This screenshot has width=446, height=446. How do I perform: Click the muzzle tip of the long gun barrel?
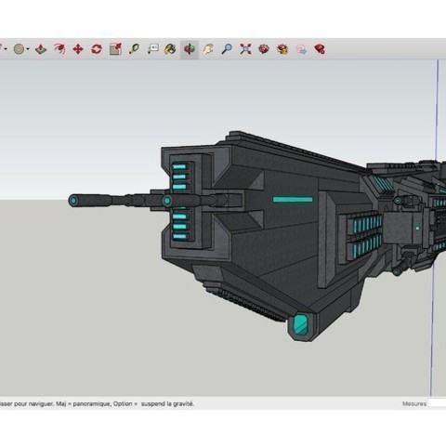coord(73,200)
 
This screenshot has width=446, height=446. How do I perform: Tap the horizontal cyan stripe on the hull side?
coord(292,199)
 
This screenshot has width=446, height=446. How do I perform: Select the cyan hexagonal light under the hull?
coord(301,325)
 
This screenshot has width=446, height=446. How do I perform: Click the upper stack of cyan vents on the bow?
coord(180,174)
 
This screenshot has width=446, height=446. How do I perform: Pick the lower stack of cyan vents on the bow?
coord(180,224)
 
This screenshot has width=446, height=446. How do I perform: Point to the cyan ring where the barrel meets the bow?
coord(166,200)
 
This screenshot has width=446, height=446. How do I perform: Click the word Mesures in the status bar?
coord(414,404)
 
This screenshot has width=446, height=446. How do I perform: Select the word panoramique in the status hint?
coord(93,404)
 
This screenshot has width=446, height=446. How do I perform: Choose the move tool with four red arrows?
coord(77,49)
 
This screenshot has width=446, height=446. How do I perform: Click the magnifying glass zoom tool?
coord(226,49)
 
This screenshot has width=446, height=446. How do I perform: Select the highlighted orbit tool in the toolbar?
coord(190,49)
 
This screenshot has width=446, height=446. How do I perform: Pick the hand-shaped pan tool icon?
coord(208,49)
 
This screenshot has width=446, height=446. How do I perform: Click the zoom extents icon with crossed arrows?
coord(244,49)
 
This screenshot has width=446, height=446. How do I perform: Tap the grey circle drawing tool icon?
coord(20,49)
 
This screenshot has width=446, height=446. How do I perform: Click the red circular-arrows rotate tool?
coord(96,49)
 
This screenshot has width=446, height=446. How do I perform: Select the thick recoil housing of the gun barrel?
coord(226,199)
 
